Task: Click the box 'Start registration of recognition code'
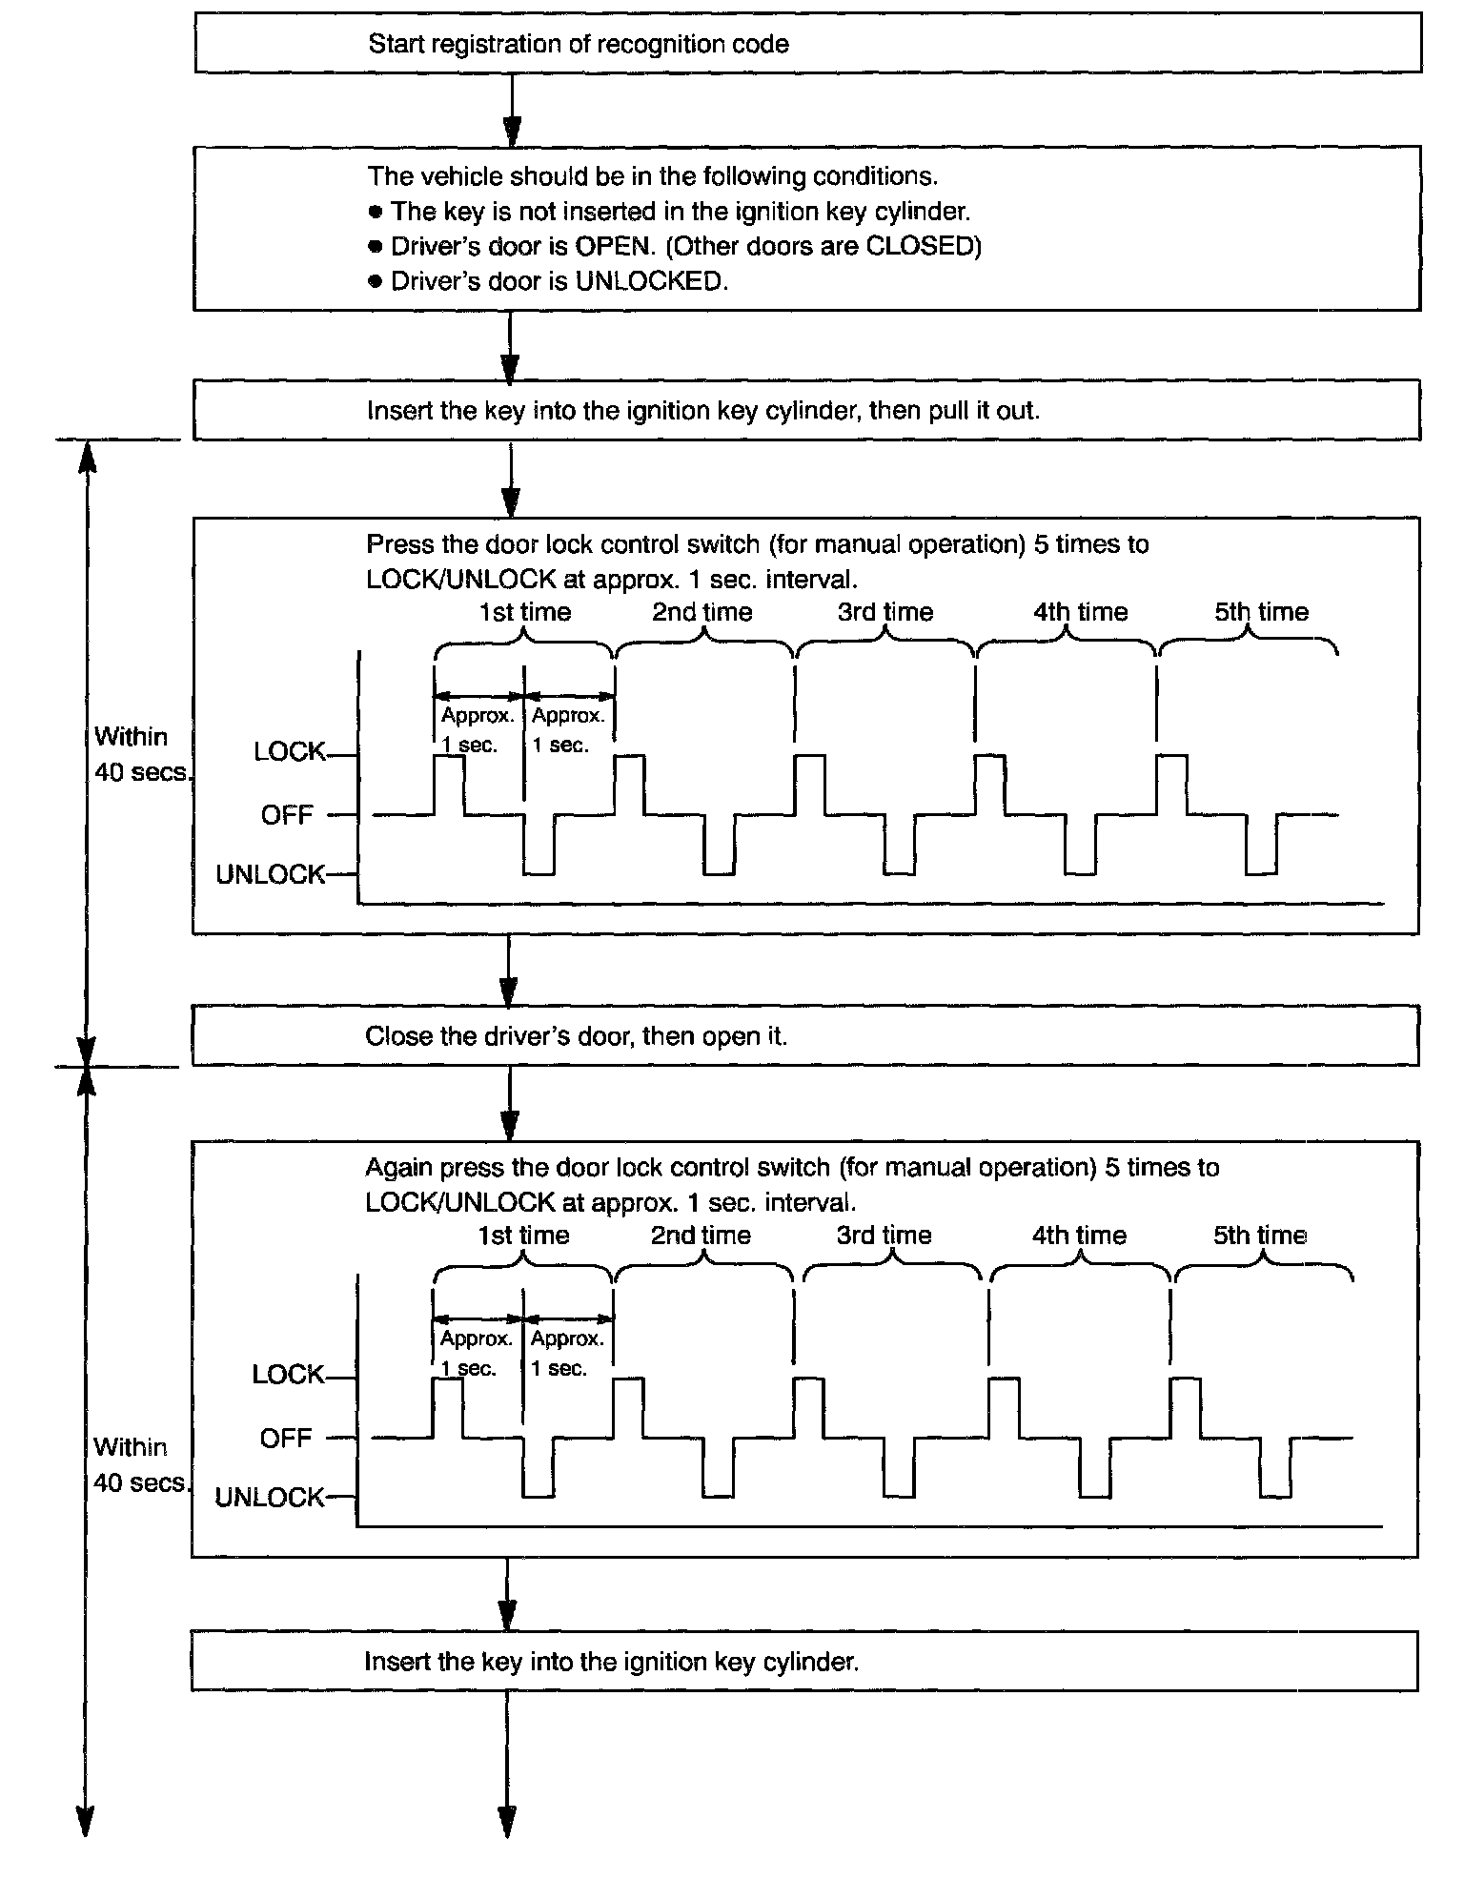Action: (807, 44)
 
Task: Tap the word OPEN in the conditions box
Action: (613, 246)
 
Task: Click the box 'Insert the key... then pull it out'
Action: (806, 411)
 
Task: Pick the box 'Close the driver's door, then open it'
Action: (805, 1036)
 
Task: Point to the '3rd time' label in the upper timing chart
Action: (885, 612)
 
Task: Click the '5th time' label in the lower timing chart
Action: (1259, 1236)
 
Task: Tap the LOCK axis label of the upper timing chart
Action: (289, 752)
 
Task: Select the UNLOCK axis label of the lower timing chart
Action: (270, 1498)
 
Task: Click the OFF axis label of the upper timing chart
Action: (287, 815)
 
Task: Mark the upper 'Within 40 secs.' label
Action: (138, 754)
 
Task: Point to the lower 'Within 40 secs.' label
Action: (138, 1464)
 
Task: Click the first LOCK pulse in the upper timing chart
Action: (449, 784)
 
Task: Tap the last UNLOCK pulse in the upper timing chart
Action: (1261, 846)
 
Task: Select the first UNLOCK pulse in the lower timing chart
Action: (539, 1468)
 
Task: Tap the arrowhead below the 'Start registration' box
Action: (512, 130)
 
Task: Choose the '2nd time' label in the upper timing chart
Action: (702, 612)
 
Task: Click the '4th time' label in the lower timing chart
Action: (1079, 1236)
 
